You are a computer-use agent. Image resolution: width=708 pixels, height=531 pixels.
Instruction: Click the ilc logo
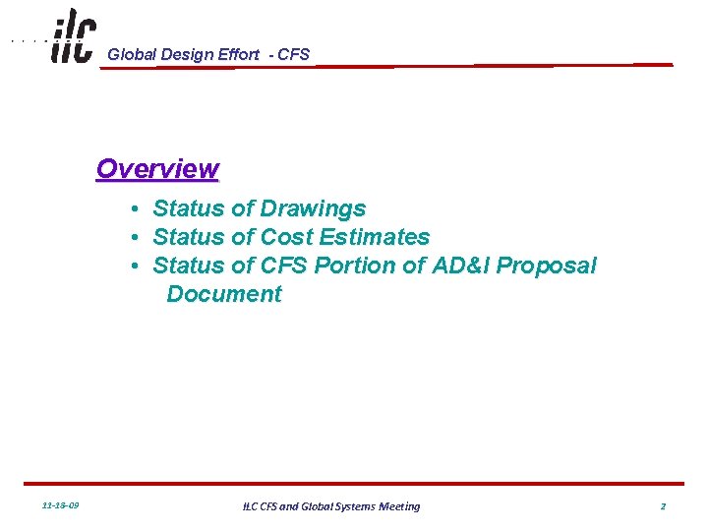coord(73,36)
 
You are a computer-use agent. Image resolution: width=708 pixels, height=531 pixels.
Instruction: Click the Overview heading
coord(157,169)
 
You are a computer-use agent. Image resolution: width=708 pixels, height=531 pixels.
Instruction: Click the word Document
coord(224,294)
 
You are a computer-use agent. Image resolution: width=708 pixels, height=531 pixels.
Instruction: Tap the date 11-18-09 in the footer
coord(62,506)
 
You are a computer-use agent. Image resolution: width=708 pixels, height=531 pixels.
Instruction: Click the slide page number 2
coord(663,506)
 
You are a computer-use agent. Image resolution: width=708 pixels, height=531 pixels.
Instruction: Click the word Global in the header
coord(133,55)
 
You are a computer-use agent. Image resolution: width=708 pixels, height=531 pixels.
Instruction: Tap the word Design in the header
coord(186,55)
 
